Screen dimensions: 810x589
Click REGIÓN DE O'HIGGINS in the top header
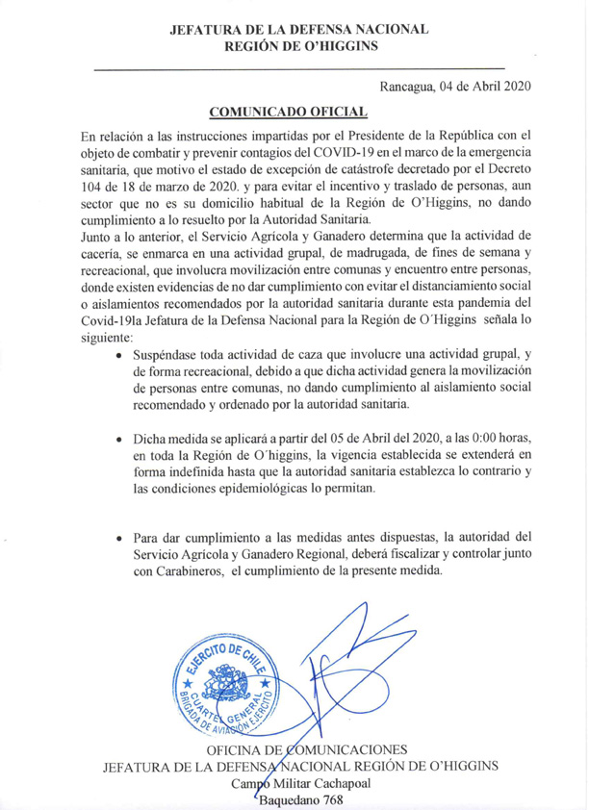click(299, 45)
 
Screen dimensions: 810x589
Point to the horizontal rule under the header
click(299, 68)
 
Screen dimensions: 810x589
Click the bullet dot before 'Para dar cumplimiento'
click(118, 536)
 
